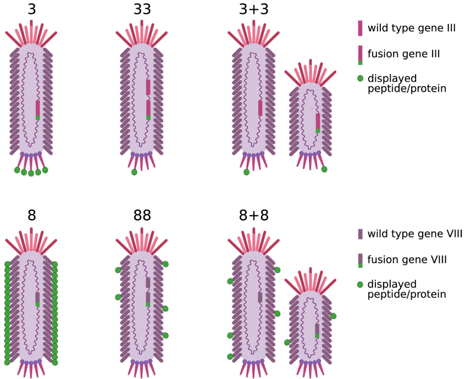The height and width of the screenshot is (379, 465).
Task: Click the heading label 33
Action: (x=142, y=9)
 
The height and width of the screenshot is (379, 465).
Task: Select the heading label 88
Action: (x=142, y=216)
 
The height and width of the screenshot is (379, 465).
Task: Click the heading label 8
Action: (x=32, y=216)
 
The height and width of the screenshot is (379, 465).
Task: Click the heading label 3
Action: (x=32, y=9)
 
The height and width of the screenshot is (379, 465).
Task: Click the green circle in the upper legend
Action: (x=360, y=79)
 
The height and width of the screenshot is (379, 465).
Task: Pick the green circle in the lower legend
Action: (x=360, y=285)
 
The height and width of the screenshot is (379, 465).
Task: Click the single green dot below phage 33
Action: (x=134, y=172)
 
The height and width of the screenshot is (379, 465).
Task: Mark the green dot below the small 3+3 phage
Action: (x=324, y=169)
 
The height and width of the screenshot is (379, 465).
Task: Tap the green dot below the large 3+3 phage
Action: (x=246, y=172)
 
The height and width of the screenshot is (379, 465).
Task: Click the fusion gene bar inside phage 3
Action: (x=38, y=110)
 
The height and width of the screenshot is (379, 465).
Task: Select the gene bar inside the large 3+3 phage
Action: (x=260, y=108)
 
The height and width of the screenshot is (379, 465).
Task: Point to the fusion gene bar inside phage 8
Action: (x=38, y=298)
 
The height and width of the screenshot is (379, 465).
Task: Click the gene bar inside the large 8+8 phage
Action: (x=260, y=297)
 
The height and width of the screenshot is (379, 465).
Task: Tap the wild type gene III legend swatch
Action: (x=360, y=28)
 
